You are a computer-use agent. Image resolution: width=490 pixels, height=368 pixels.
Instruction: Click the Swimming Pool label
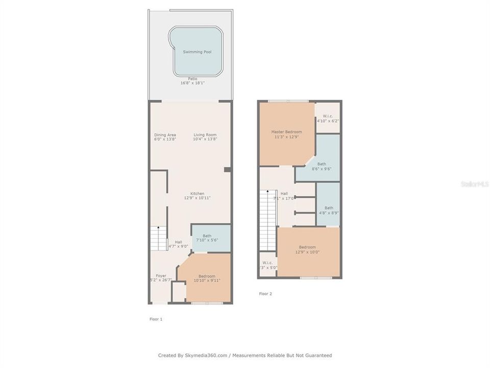coord(197,52)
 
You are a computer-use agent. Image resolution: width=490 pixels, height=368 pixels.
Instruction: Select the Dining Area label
coord(165,135)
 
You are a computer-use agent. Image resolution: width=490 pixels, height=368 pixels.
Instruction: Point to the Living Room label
coord(205,135)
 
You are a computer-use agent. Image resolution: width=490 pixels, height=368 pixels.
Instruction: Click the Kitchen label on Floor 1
coord(197,194)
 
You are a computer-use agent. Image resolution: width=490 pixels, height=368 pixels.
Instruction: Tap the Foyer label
coord(161,275)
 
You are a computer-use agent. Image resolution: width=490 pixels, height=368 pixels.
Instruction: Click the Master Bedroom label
coord(286,132)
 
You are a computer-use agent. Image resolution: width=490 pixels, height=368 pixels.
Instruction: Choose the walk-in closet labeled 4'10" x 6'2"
coord(328,118)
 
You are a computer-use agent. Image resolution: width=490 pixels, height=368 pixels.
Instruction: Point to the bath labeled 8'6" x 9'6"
coord(322,166)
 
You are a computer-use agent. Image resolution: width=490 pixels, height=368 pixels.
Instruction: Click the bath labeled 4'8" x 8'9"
coord(329,210)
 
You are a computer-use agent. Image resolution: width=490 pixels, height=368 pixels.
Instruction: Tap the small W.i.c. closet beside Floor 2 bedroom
coord(267,265)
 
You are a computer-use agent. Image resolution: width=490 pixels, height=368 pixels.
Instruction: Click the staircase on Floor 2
coord(267,220)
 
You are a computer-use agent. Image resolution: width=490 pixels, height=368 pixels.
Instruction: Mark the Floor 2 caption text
coord(265,294)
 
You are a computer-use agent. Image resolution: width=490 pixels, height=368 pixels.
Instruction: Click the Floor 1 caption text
coord(156,319)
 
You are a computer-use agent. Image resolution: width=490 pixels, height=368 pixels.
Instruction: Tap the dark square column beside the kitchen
coord(228,170)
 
